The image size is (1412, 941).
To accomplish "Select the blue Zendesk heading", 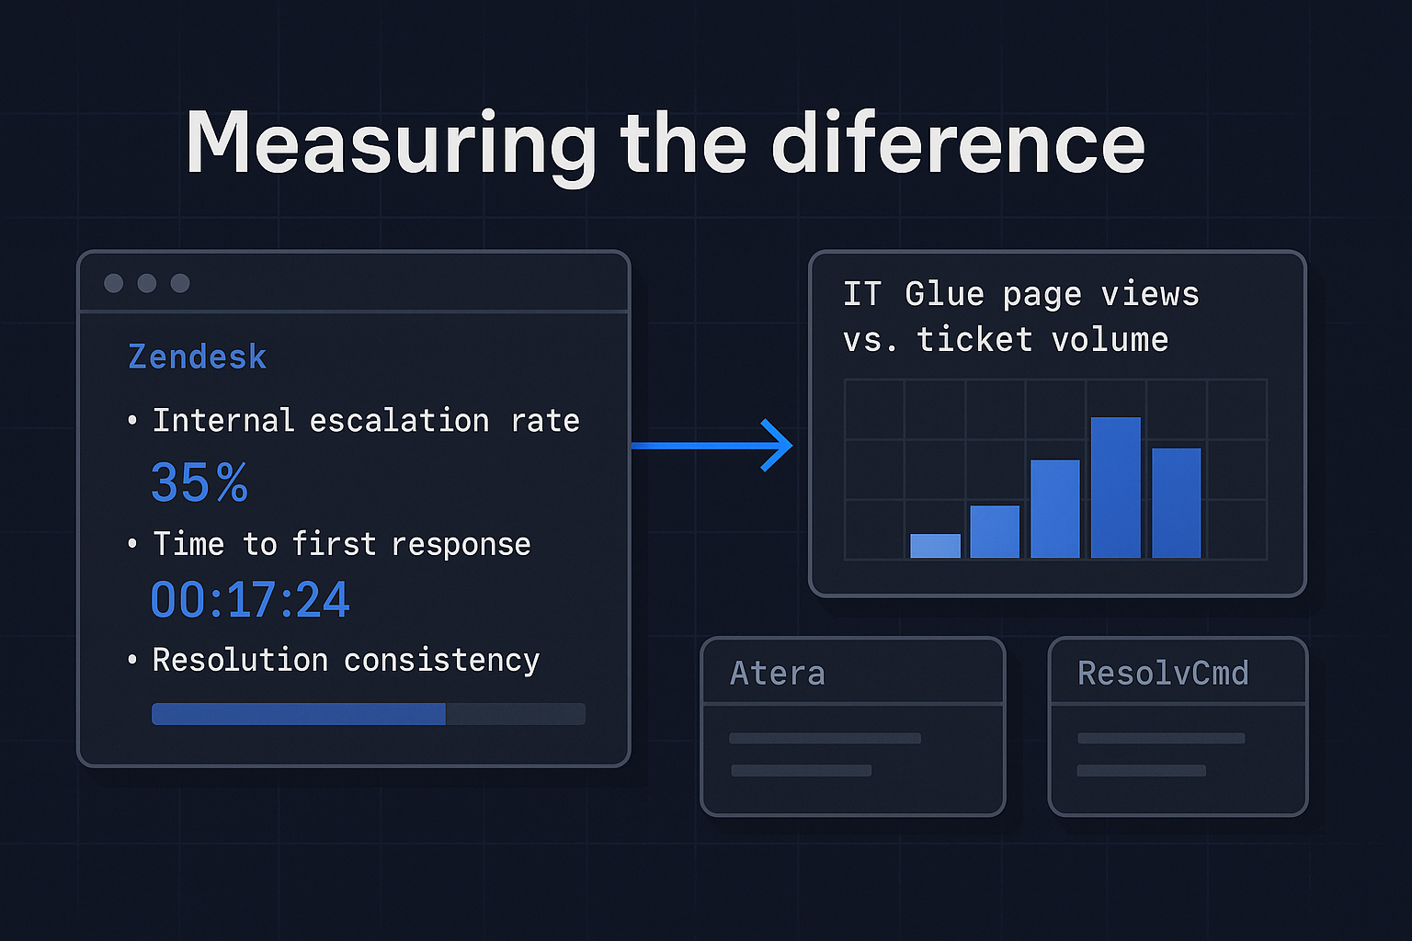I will [x=197, y=357].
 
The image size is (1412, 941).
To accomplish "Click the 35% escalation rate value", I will [x=199, y=482].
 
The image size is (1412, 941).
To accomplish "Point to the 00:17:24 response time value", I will [x=249, y=600].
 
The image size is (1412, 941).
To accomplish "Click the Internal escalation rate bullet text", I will [x=365, y=421].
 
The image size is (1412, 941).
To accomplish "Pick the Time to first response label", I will [x=341, y=544].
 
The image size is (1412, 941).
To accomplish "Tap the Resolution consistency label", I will [x=346, y=660].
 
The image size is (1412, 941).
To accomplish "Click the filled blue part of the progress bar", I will [x=298, y=714].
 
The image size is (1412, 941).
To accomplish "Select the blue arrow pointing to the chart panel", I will [x=712, y=446].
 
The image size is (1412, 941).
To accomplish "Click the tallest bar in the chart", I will [x=1115, y=487].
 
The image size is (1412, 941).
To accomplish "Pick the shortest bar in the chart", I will [x=935, y=546].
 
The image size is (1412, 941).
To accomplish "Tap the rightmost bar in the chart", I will [x=1176, y=503].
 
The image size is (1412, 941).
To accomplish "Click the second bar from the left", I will [x=995, y=531].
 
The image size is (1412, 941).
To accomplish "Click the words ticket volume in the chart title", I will [x=1042, y=340].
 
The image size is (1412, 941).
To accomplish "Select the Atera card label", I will [x=777, y=674].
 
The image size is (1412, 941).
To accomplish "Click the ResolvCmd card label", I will [x=1162, y=674].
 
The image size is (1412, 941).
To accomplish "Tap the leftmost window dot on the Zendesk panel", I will [x=114, y=283].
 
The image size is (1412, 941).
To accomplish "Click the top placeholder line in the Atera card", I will [x=825, y=738].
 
